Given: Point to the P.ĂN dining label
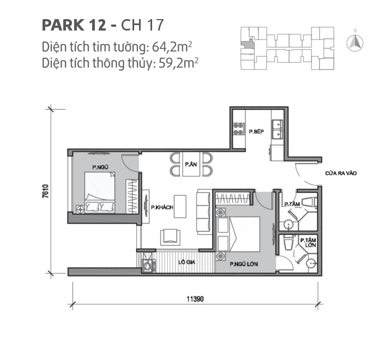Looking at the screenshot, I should point(190,164).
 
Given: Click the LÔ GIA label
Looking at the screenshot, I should point(186,262).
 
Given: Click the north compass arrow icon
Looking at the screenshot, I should point(356,42).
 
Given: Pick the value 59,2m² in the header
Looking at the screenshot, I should point(177,63).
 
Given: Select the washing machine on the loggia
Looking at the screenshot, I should point(147,266).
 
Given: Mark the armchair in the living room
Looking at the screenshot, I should point(170,235).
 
